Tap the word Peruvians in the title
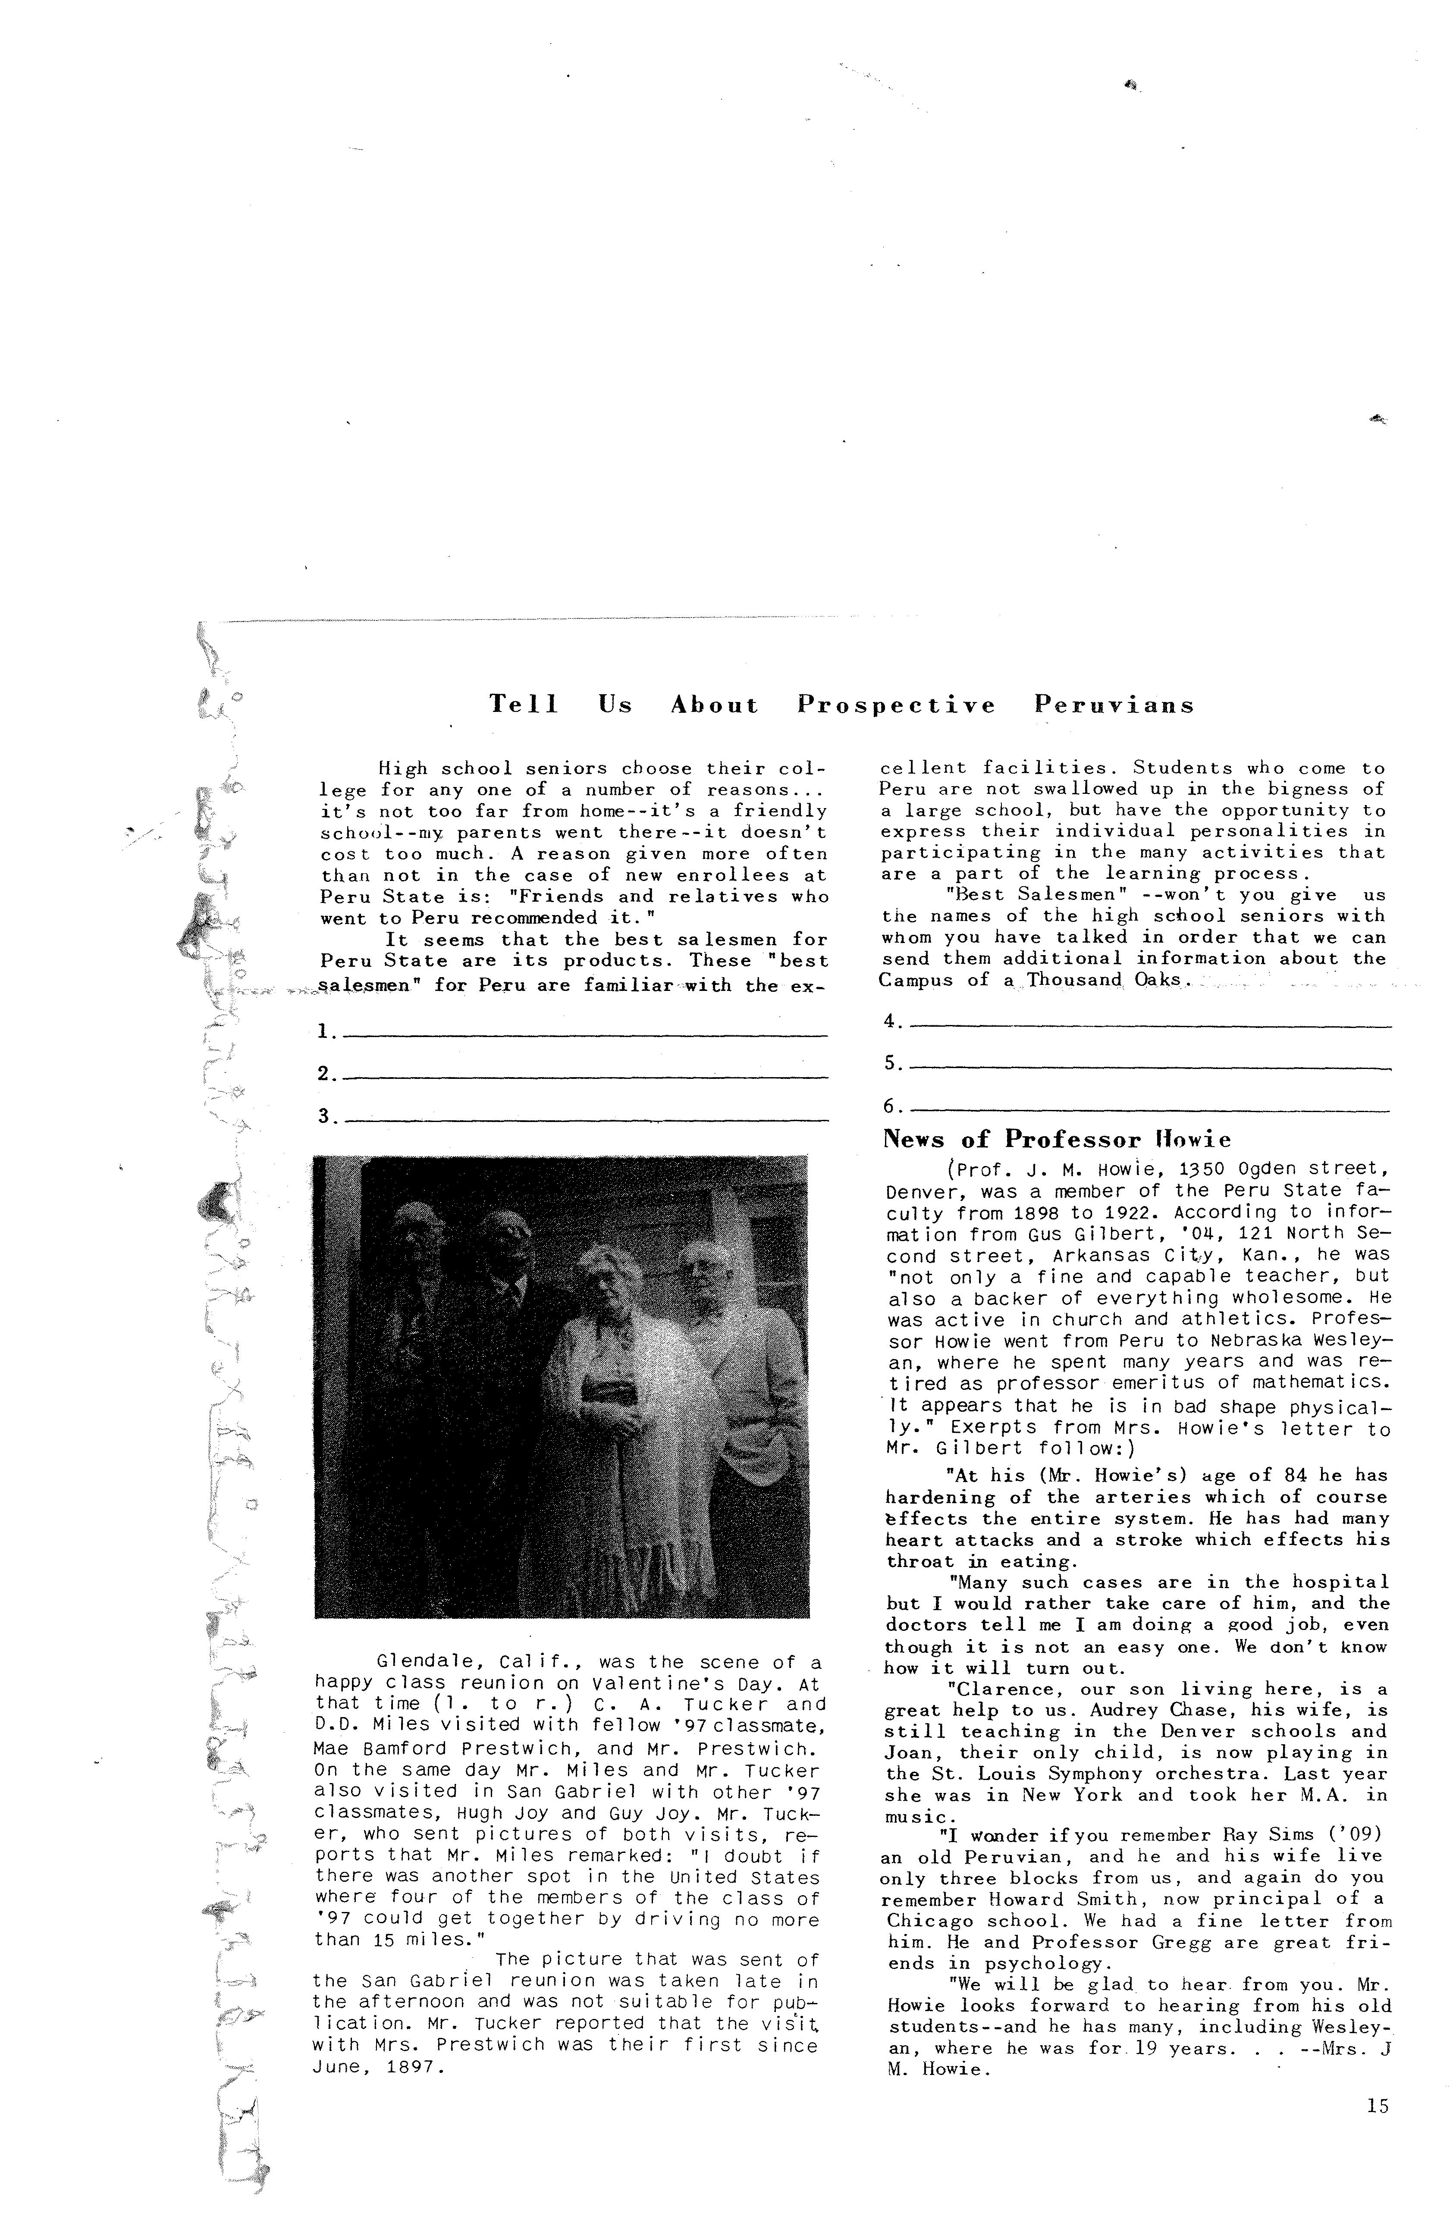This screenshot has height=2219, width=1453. click(1114, 706)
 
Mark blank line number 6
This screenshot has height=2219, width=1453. click(1149, 1109)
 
